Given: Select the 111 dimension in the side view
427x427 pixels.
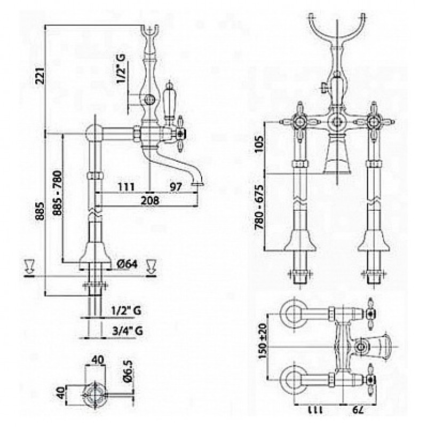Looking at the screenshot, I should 125,186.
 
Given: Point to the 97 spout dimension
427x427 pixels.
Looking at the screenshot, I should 176,186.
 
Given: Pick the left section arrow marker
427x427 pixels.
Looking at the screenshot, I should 29,266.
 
